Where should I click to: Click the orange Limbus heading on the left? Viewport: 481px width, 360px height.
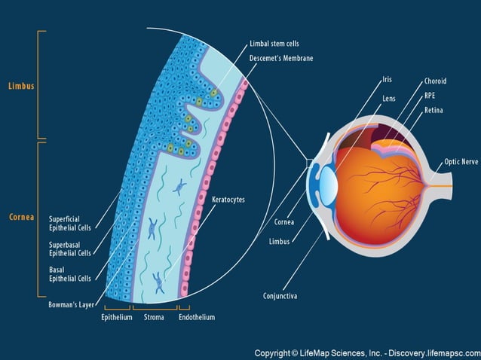[x=21, y=86]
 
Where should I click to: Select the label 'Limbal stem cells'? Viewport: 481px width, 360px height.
[x=274, y=44]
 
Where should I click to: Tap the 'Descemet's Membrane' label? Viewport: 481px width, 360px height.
[x=280, y=58]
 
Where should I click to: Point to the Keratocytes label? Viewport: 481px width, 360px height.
[x=228, y=200]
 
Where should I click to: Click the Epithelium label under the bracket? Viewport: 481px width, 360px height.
[x=117, y=317]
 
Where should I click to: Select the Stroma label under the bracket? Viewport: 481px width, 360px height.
[x=154, y=317]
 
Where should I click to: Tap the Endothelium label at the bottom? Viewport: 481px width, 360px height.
[x=197, y=317]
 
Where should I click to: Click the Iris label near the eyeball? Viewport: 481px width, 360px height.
[x=387, y=79]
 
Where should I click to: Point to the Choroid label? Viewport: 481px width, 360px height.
[x=435, y=81]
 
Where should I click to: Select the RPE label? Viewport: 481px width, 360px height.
[x=429, y=96]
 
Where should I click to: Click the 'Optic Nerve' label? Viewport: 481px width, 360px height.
[x=461, y=162]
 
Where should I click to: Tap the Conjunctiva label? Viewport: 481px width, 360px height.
[x=280, y=296]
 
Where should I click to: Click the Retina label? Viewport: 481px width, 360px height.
[x=433, y=111]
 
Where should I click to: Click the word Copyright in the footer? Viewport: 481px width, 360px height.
[x=274, y=352]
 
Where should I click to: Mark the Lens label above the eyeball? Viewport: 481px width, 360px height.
[x=389, y=98]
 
